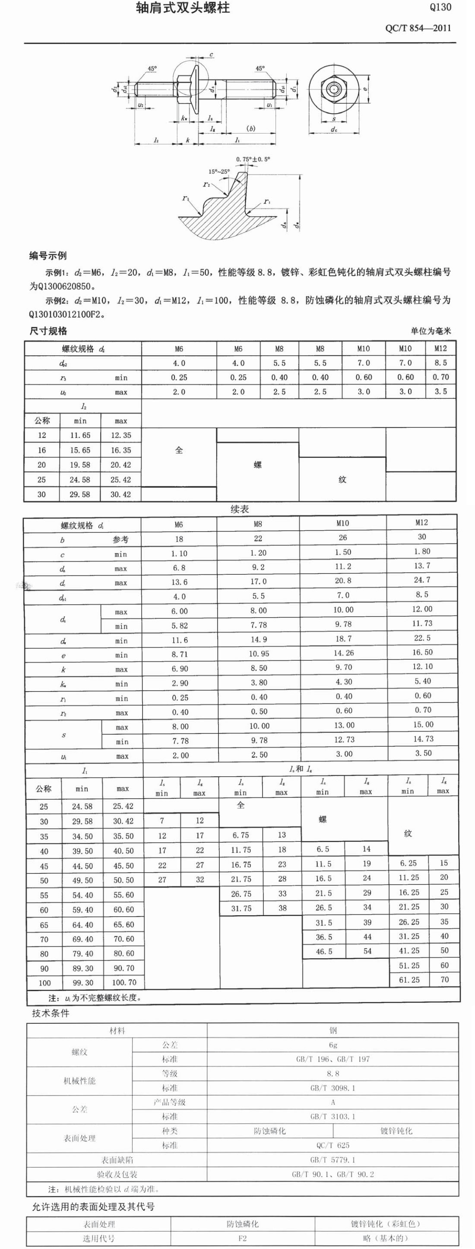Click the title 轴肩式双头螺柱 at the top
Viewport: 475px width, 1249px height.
point(183,8)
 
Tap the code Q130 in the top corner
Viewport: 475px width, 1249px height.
point(440,7)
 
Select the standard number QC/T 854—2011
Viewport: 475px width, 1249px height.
point(418,28)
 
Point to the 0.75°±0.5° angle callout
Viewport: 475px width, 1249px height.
point(253,159)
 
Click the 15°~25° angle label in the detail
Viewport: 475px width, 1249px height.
point(219,171)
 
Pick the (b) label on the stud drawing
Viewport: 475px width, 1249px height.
point(250,128)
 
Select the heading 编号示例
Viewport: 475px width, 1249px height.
point(48,255)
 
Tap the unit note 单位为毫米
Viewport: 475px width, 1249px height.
point(431,331)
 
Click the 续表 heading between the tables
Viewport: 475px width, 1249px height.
point(239,509)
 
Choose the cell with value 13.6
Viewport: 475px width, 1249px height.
point(179,582)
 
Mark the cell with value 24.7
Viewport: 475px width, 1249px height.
point(422,580)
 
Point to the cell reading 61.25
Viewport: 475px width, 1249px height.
point(408,980)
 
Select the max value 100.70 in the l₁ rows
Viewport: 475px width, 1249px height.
point(124,982)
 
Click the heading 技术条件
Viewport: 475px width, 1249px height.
point(51,1013)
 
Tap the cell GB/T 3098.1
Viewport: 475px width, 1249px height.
point(332,1087)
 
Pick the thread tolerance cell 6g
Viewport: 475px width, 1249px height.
point(332,1045)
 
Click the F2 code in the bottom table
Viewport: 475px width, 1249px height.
point(242,1238)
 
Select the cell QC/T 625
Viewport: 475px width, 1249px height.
point(332,1145)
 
